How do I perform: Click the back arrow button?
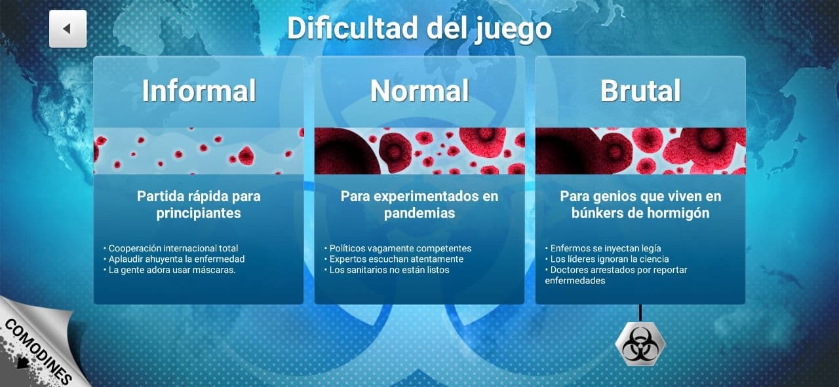pos(68,29)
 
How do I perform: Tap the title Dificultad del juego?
pos(419,28)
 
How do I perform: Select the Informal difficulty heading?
pos(199,90)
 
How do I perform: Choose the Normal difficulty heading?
pos(419,90)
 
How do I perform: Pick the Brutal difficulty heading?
pos(640,90)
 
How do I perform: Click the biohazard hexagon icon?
pos(640,344)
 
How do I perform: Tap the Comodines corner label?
pos(37,352)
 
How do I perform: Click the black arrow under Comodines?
pos(23,362)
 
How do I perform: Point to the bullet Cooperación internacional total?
pos(171,248)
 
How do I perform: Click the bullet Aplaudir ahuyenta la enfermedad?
pos(174,259)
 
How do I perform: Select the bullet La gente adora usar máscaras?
pos(170,270)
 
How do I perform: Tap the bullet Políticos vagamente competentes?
pos(398,248)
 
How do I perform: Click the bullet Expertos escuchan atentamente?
pos(394,259)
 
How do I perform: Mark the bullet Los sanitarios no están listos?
pos(387,270)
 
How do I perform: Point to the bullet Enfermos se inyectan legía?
pos(603,248)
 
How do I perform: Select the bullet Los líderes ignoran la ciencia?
pos(607,259)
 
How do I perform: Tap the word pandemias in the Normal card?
pos(419,213)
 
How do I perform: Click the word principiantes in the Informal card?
pos(199,213)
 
